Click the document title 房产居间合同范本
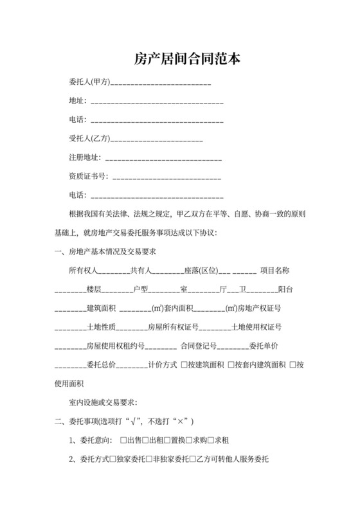[179, 59]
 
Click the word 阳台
[286, 289]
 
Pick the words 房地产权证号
[260, 308]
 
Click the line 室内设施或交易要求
[103, 403]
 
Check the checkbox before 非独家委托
[149, 460]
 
